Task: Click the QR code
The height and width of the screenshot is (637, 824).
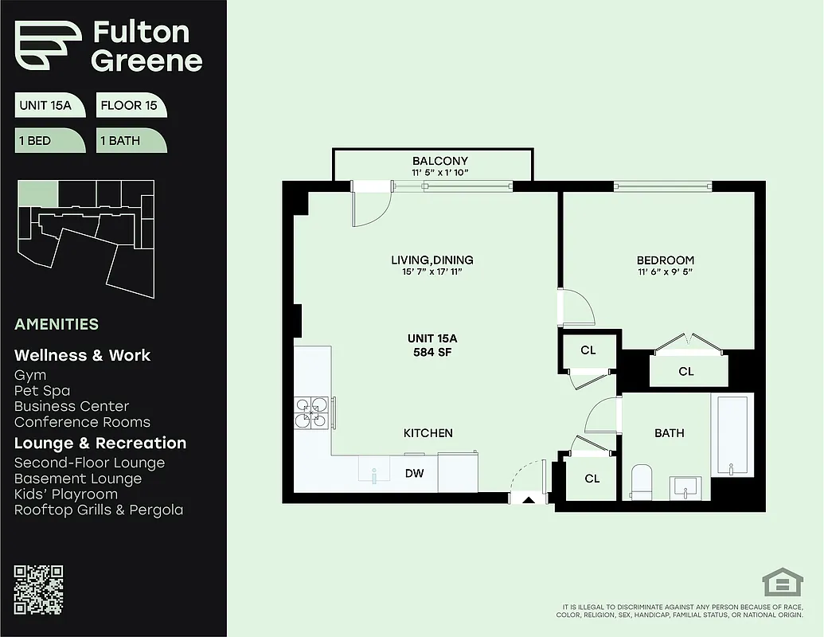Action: tap(38, 589)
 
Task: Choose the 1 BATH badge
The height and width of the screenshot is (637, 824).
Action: tap(130, 141)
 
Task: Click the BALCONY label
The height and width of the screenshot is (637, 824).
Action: tap(439, 161)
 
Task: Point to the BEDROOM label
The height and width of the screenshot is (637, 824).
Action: tap(665, 260)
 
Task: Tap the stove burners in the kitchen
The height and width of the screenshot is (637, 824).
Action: tap(312, 411)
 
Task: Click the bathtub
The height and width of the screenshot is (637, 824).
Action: tap(731, 436)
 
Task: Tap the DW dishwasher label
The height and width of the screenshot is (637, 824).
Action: tap(414, 474)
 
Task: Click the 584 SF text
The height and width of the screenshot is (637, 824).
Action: tap(432, 352)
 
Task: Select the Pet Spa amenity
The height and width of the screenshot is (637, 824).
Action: tap(42, 391)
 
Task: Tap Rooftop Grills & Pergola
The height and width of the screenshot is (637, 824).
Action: tap(99, 510)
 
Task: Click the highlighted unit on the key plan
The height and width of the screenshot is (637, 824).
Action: tap(38, 193)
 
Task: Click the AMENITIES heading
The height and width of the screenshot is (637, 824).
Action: tap(57, 324)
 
